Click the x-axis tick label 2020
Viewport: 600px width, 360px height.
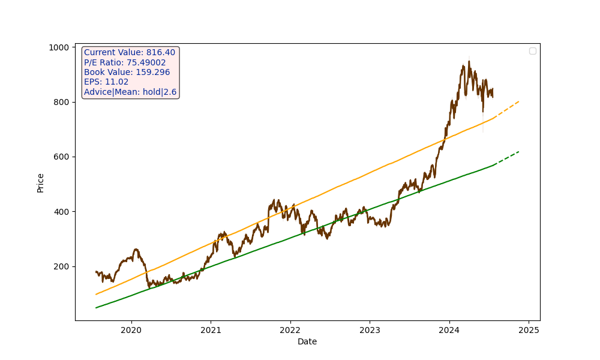(131, 330)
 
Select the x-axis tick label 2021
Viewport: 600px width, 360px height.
(211, 330)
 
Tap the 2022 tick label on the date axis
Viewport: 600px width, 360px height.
(290, 330)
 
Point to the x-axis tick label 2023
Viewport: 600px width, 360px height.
(370, 330)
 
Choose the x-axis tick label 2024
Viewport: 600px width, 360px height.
(449, 330)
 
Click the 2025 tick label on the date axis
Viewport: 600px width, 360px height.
(529, 330)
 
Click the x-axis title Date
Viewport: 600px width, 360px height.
(307, 342)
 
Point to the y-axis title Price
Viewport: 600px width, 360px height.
(41, 182)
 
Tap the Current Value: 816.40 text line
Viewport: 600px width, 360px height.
(130, 53)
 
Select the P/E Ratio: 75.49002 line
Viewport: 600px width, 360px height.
(125, 62)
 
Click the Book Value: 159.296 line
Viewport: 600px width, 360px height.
(127, 73)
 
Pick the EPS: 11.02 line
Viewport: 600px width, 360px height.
(106, 82)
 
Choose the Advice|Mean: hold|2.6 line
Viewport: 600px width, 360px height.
(130, 92)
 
